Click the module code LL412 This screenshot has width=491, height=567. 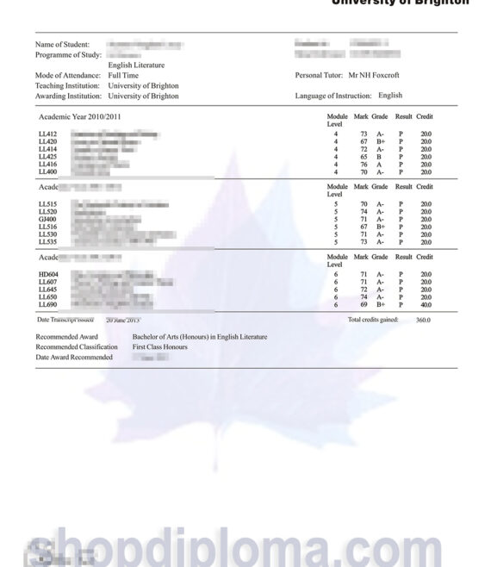[48, 134]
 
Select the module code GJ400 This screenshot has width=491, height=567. [48, 219]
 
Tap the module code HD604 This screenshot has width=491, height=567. [48, 274]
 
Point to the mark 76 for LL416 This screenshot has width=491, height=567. [364, 164]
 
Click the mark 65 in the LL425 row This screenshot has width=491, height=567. [364, 157]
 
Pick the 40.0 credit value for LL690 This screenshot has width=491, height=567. [426, 304]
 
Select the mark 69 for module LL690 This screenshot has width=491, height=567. [364, 304]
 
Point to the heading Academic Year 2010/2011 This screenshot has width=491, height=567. [80, 115]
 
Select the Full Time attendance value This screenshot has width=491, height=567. [124, 76]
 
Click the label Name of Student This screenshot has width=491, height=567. [62, 44]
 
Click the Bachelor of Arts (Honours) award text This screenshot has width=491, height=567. [199, 337]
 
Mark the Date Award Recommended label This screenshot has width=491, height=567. [74, 357]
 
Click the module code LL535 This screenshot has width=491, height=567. [48, 242]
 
